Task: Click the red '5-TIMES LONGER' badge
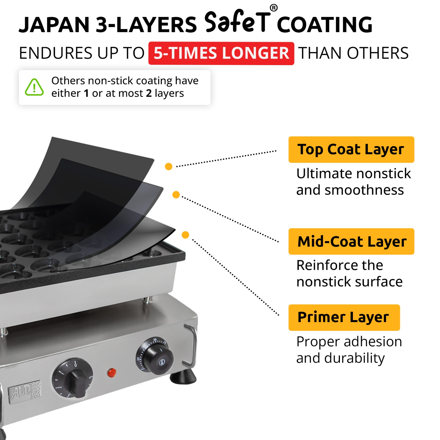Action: (x=221, y=53)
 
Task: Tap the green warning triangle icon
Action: (x=34, y=87)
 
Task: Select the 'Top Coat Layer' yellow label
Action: (x=351, y=150)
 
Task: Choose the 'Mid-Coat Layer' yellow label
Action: (x=351, y=241)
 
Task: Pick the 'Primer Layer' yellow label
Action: (x=344, y=317)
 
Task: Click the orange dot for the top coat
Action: (x=169, y=167)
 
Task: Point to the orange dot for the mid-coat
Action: (x=176, y=194)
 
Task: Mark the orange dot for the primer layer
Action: (x=185, y=235)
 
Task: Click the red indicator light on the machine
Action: (x=112, y=373)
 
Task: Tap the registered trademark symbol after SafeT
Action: (x=273, y=8)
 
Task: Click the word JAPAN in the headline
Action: (x=54, y=25)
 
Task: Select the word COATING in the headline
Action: (x=324, y=25)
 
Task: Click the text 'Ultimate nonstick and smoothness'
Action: (x=353, y=182)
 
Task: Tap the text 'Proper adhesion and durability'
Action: (x=349, y=350)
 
